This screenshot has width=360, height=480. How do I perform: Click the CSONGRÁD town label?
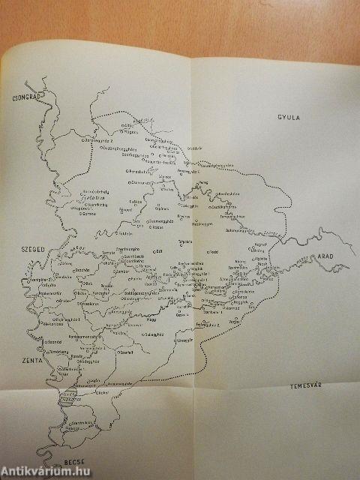coord(23,97)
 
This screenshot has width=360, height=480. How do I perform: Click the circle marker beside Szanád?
coord(46,332)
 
